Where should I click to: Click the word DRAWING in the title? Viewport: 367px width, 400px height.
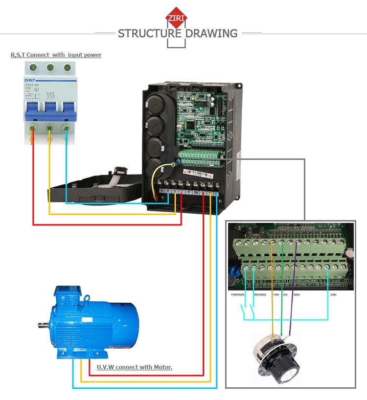(x=211, y=34)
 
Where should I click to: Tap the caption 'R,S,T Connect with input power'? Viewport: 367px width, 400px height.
(x=56, y=55)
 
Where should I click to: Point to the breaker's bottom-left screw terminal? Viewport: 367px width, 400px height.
(x=33, y=128)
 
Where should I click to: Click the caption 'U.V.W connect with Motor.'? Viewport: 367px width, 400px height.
(x=134, y=367)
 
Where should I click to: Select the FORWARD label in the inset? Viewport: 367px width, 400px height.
(x=238, y=295)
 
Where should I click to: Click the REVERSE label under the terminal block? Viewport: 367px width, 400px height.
(x=260, y=295)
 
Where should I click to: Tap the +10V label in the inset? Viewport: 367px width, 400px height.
(x=275, y=295)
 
